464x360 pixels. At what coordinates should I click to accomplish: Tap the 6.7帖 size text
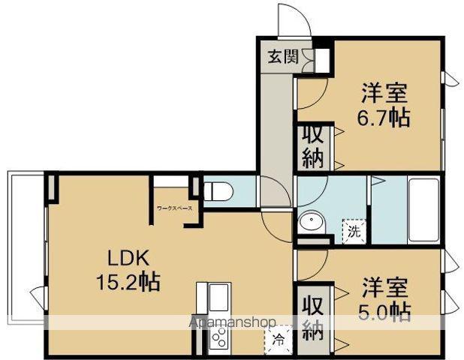384,118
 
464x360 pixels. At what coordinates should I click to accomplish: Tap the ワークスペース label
174,207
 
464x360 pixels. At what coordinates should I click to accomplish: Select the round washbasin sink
309,222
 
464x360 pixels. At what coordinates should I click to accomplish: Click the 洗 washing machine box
352,229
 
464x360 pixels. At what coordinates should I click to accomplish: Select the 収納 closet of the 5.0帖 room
312,319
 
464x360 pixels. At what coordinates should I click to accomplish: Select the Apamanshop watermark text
234,322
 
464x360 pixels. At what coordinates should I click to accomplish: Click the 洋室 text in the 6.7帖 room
384,94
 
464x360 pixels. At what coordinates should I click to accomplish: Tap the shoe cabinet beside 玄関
324,58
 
